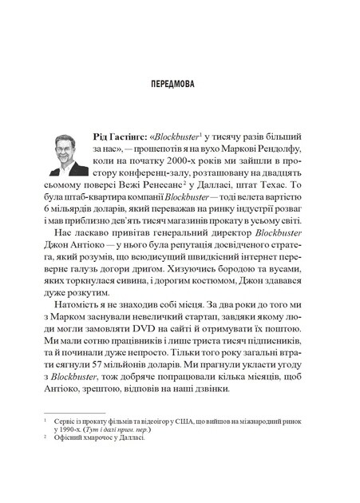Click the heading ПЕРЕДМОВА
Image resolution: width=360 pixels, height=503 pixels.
[x=179, y=83]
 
